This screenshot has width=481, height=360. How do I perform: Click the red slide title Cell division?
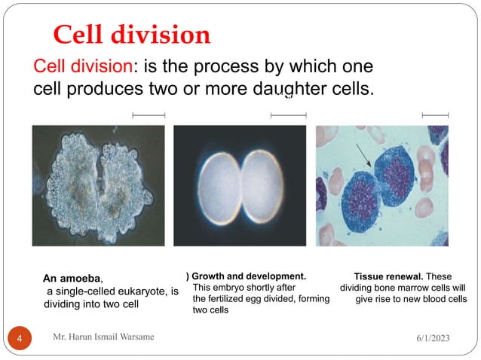pyautogui.click(x=131, y=35)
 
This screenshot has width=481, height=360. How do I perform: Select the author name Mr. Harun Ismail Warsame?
pyautogui.click(x=103, y=337)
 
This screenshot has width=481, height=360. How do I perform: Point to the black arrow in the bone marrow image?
pyautogui.click(x=365, y=157)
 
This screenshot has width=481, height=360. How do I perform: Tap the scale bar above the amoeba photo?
pyautogui.click(x=148, y=115)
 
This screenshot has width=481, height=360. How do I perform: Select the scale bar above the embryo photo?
pyautogui.click(x=288, y=115)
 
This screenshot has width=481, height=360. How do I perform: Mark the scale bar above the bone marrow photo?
pyautogui.click(x=435, y=115)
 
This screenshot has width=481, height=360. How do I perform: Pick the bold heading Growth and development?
pyautogui.click(x=249, y=276)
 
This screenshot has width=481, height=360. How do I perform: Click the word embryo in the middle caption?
pyautogui.click(x=229, y=288)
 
